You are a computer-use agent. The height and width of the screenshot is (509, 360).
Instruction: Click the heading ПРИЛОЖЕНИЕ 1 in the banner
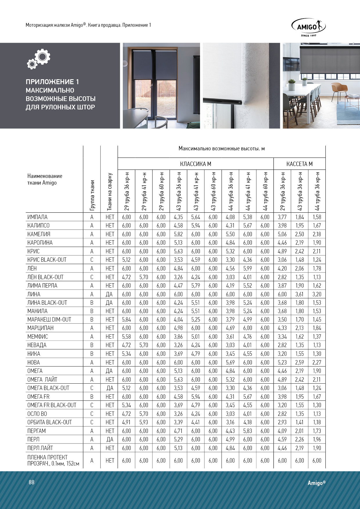(52, 82)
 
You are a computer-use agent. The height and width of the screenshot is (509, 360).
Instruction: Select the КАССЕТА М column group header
(299, 164)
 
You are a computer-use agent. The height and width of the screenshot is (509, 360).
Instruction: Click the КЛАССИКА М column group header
(195, 164)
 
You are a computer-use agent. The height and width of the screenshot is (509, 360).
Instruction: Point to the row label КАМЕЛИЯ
(39, 234)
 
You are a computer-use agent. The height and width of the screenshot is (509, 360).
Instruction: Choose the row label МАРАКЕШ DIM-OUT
(49, 320)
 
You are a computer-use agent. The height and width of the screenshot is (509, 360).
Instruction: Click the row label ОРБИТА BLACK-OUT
(49, 422)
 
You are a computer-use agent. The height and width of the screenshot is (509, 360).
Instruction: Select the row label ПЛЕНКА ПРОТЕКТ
(47, 457)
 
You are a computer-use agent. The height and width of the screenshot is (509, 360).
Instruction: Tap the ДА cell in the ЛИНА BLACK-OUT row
(109, 303)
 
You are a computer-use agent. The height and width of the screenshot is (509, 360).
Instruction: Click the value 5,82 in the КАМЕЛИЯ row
(178, 234)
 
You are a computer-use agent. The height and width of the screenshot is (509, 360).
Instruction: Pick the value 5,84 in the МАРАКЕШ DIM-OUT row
(126, 320)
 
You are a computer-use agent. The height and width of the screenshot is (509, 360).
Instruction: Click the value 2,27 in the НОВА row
(317, 362)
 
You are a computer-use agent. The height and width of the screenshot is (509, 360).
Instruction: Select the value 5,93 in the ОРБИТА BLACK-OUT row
(144, 422)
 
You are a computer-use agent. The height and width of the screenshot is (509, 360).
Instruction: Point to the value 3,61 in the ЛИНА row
(299, 294)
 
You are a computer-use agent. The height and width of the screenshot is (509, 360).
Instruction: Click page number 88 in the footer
(31, 482)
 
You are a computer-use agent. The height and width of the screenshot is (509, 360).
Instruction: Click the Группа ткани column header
(92, 195)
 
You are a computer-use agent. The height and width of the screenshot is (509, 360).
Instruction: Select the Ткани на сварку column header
(109, 192)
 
